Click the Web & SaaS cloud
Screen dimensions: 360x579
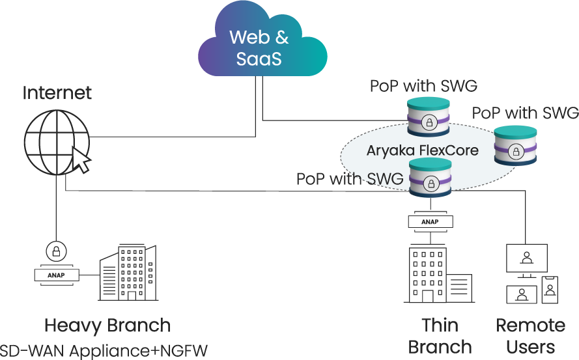coord(259,47)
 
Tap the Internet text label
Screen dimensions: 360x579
coord(57,92)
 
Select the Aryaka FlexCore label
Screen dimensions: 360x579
coord(422,150)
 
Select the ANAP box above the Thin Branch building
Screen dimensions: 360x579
coord(429,221)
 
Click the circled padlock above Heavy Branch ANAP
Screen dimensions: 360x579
coord(56,251)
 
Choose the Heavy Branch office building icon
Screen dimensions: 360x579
coord(128,273)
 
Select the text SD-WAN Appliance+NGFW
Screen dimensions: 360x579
coord(104,350)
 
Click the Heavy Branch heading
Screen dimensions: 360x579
coord(107,325)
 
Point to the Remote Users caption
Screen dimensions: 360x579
coord(530,335)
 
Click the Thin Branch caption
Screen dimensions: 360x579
coord(440,335)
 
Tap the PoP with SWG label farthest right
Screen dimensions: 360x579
coord(525,113)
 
